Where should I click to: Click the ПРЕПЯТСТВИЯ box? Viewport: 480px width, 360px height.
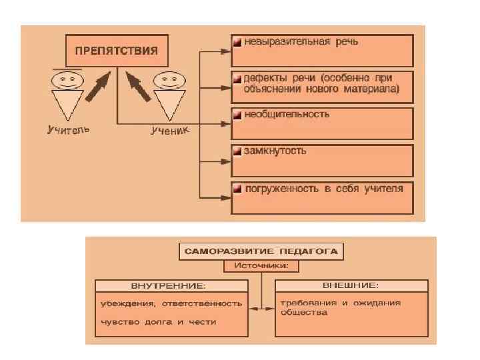[x=116, y=51]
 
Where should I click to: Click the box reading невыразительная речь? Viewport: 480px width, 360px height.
[x=322, y=49]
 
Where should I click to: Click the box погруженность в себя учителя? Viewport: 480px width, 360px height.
[x=322, y=197]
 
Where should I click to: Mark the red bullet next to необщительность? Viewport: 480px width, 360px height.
[x=237, y=115]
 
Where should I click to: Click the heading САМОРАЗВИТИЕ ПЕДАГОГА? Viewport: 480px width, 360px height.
[x=260, y=252]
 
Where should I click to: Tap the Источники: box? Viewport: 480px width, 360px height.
[x=260, y=267]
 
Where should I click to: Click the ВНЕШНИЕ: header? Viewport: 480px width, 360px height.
[x=351, y=285]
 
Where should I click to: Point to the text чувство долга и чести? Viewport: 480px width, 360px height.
[x=158, y=321]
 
